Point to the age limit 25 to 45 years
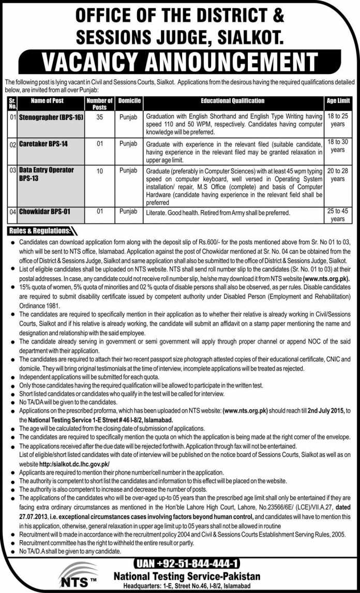click(x=337, y=215)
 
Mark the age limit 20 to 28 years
click(x=337, y=174)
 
